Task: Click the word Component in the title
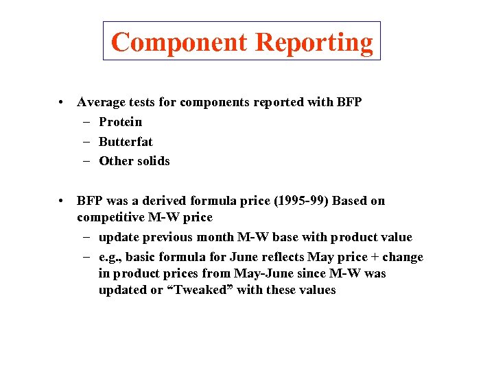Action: pyautogui.click(x=179, y=42)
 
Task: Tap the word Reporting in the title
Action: pyautogui.click(x=314, y=42)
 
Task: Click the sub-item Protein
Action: pyautogui.click(x=121, y=122)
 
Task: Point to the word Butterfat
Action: pyautogui.click(x=126, y=142)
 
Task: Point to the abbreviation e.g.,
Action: pyautogui.click(x=111, y=257)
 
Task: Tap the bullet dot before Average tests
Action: pyautogui.click(x=62, y=103)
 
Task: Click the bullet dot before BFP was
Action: pyautogui.click(x=62, y=201)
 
